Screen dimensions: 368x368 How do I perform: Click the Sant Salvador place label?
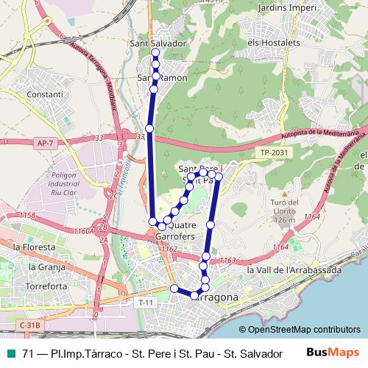[158, 43]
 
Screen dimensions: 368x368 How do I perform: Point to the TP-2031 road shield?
[270, 153]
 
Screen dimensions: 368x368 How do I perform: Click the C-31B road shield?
[30, 325]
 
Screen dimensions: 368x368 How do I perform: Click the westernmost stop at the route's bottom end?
[174, 288]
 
